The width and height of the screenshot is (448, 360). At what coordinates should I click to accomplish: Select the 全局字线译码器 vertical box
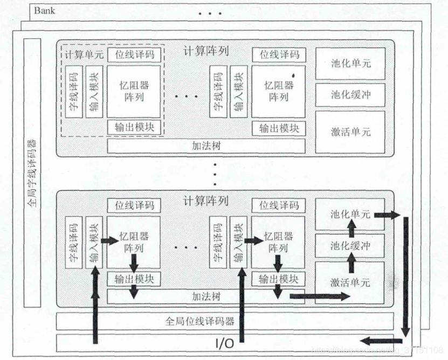32,172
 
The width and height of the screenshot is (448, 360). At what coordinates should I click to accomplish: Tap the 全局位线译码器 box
199,321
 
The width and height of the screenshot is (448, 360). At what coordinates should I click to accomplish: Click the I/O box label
224,343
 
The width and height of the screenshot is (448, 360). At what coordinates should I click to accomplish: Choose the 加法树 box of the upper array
206,146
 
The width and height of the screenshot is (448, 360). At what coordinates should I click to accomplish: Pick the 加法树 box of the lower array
206,296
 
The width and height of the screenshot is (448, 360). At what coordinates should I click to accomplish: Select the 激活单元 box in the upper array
350,131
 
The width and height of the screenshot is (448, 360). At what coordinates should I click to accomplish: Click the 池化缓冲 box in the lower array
350,247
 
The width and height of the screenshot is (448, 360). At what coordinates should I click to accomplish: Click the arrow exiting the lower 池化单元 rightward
387,215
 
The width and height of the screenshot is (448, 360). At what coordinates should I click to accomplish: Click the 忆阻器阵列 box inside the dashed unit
134,91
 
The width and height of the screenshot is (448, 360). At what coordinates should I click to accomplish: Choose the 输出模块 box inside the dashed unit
134,127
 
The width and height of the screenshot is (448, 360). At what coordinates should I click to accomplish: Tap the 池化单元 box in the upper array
350,63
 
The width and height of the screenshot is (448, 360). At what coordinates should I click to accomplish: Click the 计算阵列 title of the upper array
205,51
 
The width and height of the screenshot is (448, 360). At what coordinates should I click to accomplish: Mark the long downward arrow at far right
405,275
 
